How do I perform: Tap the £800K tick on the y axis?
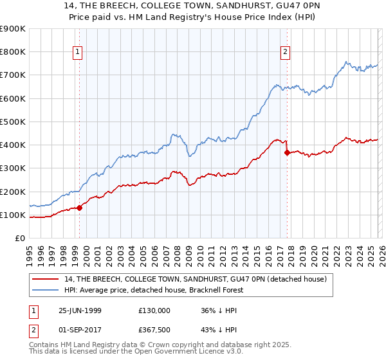[13, 52]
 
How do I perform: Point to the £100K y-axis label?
[13, 215]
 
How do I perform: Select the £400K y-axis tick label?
[13, 145]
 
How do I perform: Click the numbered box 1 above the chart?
[78, 52]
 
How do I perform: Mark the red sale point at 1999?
[80, 208]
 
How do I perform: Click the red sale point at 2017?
[286, 152]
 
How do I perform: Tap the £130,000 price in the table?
[154, 310]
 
